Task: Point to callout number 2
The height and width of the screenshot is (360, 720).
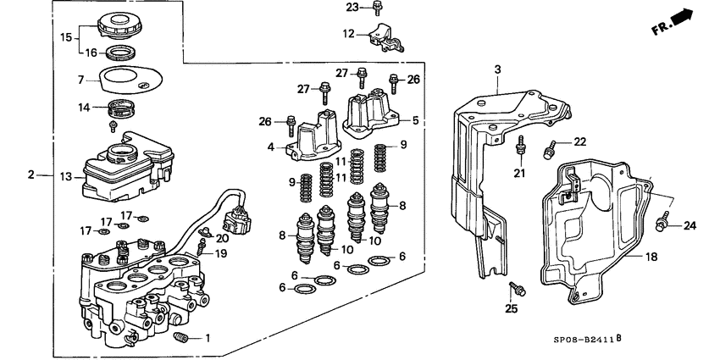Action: (31, 175)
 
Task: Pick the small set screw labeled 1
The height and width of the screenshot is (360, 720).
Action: (179, 339)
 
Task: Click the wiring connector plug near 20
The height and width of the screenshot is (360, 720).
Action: (236, 222)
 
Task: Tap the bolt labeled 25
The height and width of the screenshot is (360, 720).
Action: (519, 290)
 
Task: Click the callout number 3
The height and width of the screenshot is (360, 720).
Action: (497, 69)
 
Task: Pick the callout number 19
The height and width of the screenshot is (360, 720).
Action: (220, 253)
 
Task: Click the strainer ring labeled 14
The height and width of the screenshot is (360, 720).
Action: (125, 109)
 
